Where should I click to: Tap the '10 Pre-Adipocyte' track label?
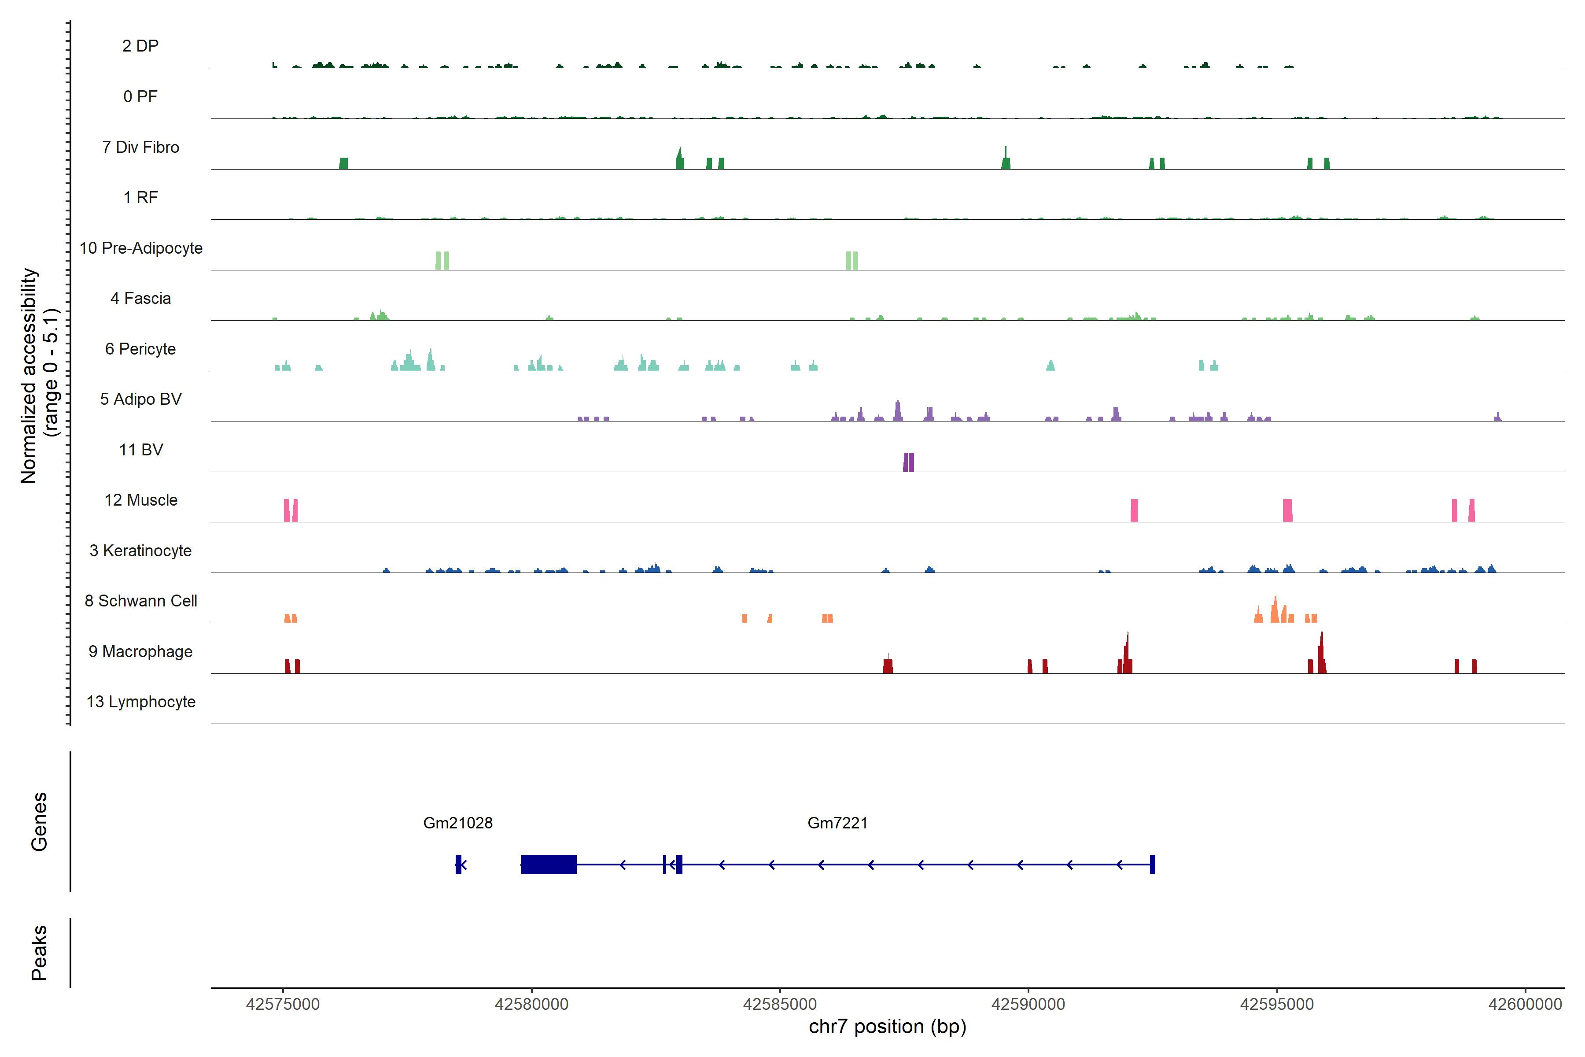(141, 248)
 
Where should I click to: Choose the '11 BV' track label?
(141, 450)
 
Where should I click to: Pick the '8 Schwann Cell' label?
(141, 601)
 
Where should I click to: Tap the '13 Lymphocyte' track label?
(141, 702)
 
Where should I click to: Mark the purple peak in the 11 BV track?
(908, 462)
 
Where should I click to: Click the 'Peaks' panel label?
(39, 953)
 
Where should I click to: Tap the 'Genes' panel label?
(39, 822)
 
